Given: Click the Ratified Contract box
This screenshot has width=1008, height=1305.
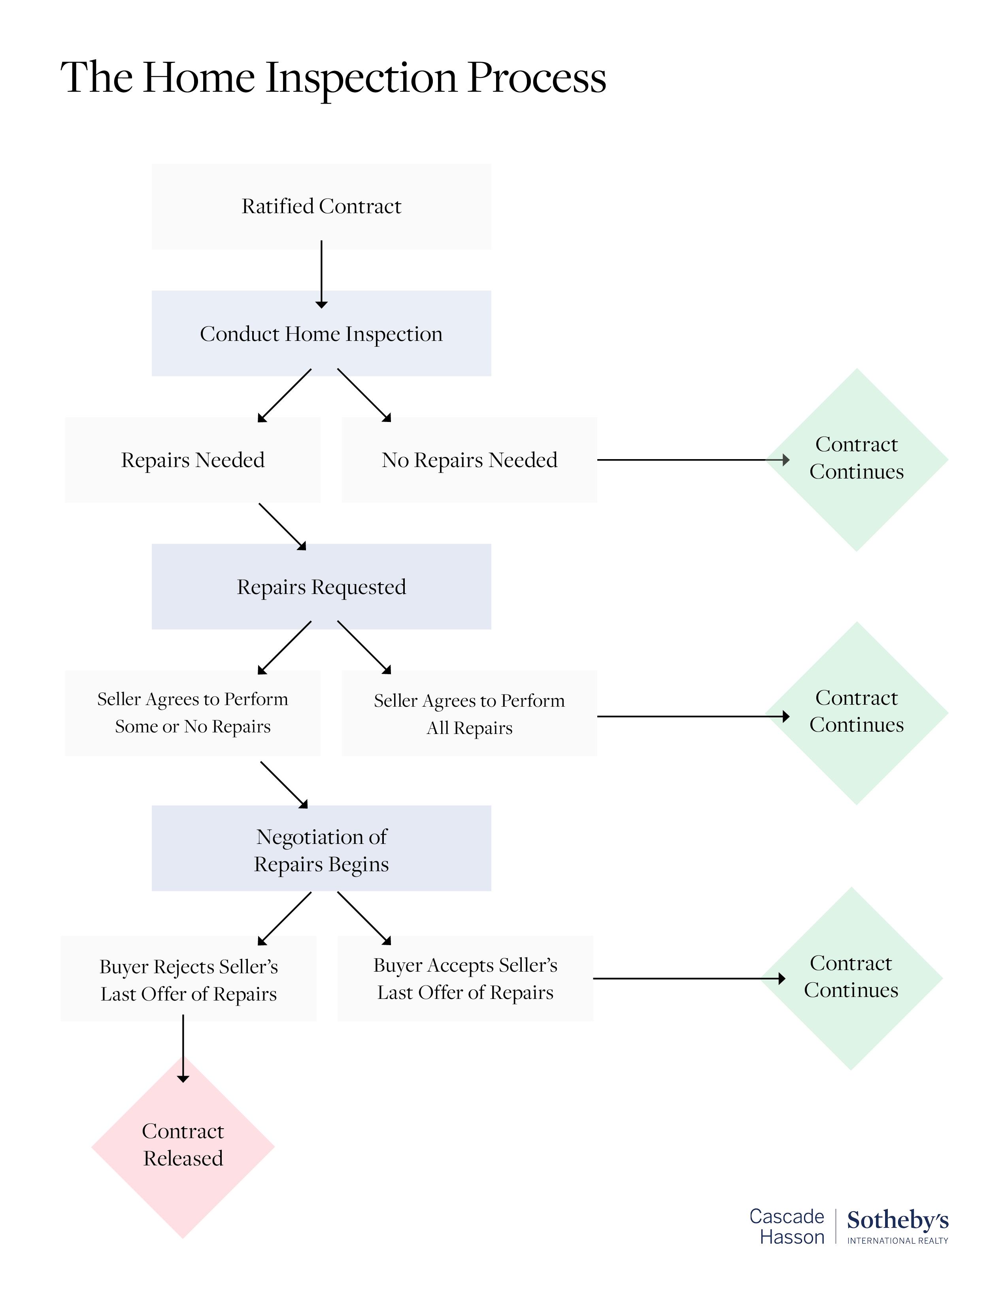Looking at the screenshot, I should pyautogui.click(x=321, y=206).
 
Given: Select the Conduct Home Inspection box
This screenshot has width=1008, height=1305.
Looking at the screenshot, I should pyautogui.click(x=321, y=333).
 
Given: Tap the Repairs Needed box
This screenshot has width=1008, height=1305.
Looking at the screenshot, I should pyautogui.click(x=192, y=460).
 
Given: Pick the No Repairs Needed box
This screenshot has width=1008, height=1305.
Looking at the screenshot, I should pyautogui.click(x=469, y=460).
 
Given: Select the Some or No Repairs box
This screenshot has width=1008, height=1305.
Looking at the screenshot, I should pyautogui.click(x=192, y=713).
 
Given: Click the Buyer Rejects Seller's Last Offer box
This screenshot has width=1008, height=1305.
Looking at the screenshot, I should pyautogui.click(x=188, y=980).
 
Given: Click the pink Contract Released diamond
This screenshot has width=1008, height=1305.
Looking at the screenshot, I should pyautogui.click(x=183, y=1146).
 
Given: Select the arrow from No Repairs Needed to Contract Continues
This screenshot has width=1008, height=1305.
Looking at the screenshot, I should pyautogui.click(x=693, y=460).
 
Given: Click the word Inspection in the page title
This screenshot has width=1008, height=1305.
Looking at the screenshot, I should pyautogui.click(x=362, y=78).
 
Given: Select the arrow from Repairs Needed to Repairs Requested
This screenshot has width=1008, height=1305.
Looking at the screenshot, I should pyautogui.click(x=282, y=526).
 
